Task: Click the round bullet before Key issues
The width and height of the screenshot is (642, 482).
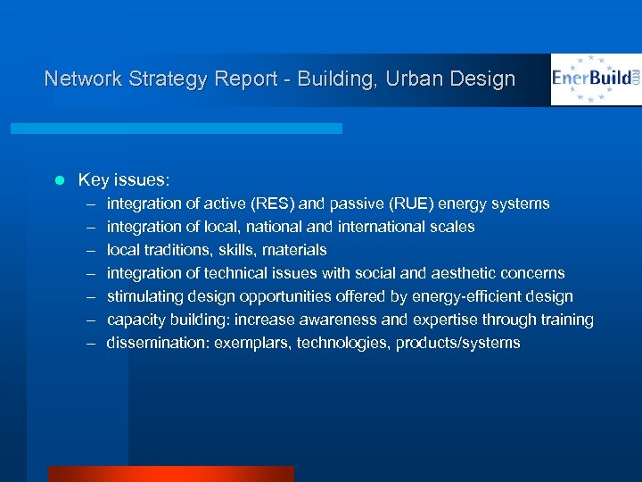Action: point(59,180)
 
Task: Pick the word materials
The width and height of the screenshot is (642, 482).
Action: point(294,250)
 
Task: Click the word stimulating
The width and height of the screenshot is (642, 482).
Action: point(147,296)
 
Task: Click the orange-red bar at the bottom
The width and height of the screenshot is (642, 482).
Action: point(170,474)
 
